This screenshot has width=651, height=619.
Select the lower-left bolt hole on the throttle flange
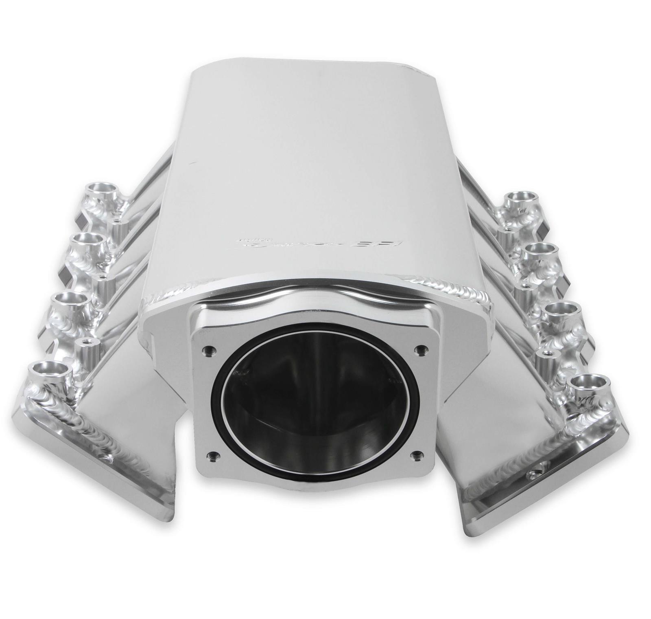[x=210, y=455]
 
